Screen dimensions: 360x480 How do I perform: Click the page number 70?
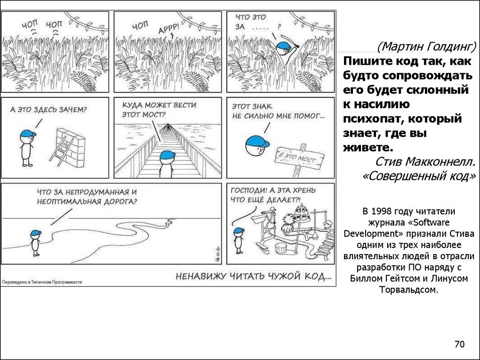point(459,345)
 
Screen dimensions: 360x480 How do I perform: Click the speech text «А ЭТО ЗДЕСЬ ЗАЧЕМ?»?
point(48,110)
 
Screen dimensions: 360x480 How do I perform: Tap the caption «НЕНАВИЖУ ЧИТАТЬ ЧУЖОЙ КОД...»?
point(253,277)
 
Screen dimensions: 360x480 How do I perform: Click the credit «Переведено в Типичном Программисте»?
point(42,283)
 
